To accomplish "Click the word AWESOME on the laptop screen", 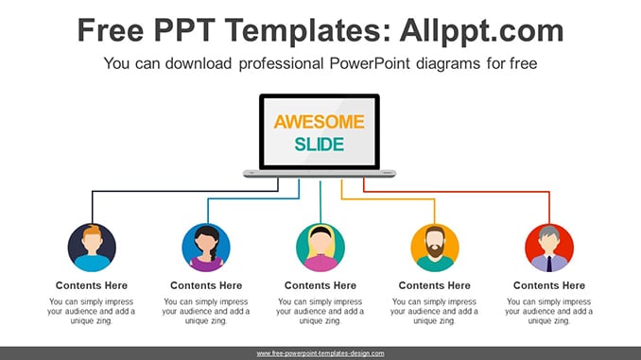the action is (x=319, y=122).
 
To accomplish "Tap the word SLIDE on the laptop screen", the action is (x=320, y=145).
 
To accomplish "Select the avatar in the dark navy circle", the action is (x=92, y=248).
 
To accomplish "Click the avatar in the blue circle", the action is (x=206, y=248).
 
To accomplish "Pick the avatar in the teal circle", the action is (x=320, y=248).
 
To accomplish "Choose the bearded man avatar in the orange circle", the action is (x=435, y=248).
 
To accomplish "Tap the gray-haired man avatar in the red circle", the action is (x=549, y=248).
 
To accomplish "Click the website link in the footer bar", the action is (x=320, y=353).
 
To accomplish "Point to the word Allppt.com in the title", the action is (x=481, y=30).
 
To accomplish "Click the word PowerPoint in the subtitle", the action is (x=370, y=63).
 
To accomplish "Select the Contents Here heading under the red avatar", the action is (x=549, y=285).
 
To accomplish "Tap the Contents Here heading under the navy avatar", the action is (x=92, y=285).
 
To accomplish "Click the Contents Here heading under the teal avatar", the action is (x=320, y=285).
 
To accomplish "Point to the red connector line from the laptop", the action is (x=457, y=191).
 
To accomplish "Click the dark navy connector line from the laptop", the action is (x=185, y=191).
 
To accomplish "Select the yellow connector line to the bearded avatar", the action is (x=388, y=199).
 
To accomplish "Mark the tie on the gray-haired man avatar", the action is (x=549, y=264).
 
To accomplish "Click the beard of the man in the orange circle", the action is (x=435, y=249).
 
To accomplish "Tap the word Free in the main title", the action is (x=111, y=30).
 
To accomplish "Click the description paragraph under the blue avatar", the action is (x=205, y=312).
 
